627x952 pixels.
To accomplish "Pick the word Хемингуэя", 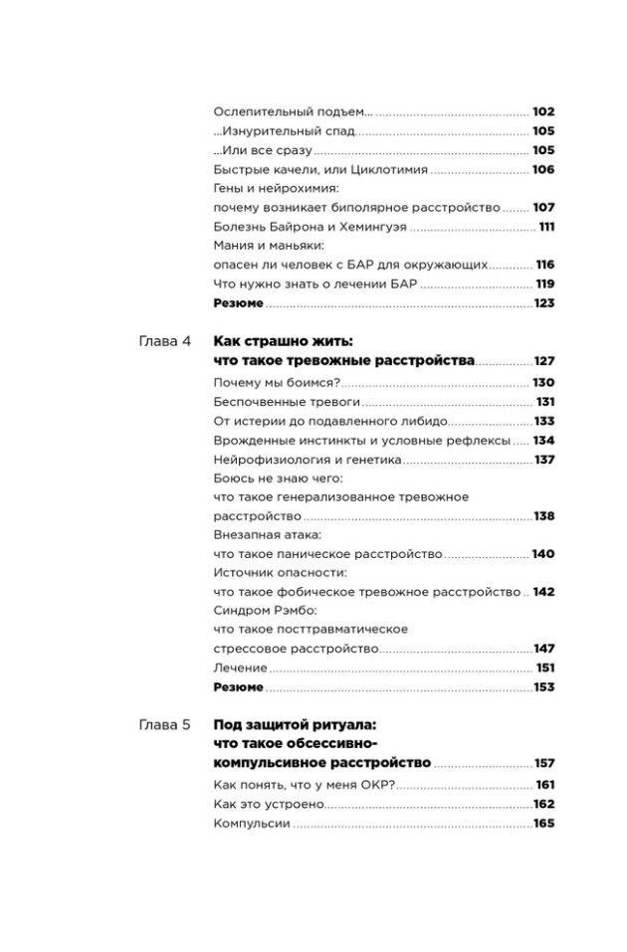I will pyautogui.click(x=372, y=227).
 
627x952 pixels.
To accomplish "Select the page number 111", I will pyautogui.click(x=545, y=227).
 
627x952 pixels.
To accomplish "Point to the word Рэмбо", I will pyautogui.click(x=292, y=611).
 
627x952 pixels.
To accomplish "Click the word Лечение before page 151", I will pyautogui.click(x=241, y=667).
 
